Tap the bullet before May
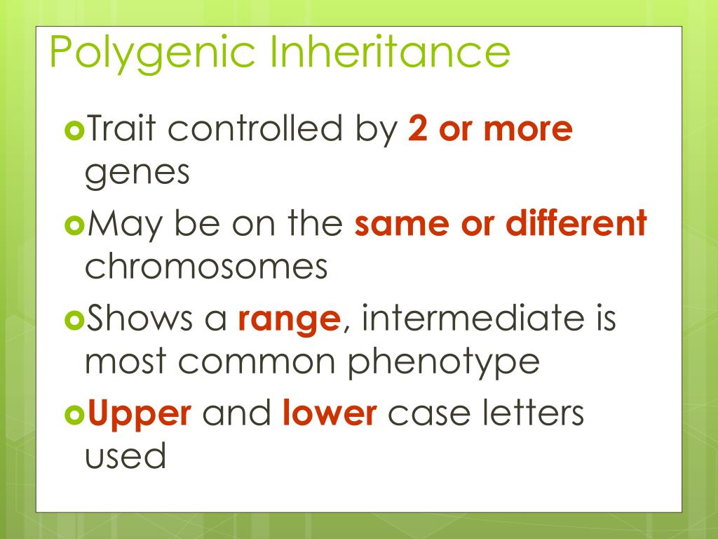(72, 226)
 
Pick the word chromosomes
(206, 267)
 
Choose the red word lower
(330, 413)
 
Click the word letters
(535, 413)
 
